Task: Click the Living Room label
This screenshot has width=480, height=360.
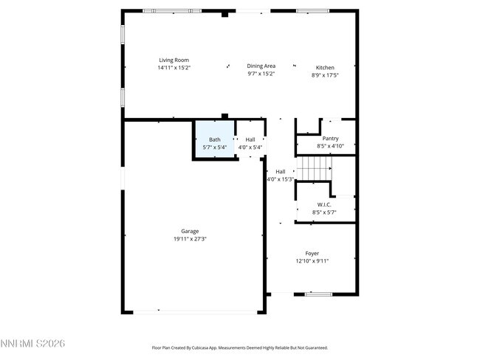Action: pyautogui.click(x=174, y=60)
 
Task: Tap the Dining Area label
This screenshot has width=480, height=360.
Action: pyautogui.click(x=261, y=66)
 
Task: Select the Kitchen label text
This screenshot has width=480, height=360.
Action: pyautogui.click(x=325, y=67)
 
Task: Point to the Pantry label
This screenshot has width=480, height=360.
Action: pyautogui.click(x=330, y=138)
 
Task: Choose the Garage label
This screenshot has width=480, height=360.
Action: pyautogui.click(x=190, y=231)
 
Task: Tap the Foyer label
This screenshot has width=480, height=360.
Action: pyautogui.click(x=312, y=253)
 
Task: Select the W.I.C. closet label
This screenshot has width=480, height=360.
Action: pyautogui.click(x=323, y=204)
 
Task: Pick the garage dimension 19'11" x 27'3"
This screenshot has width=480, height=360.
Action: pyautogui.click(x=190, y=238)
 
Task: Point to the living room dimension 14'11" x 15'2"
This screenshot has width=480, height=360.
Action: pyautogui.click(x=174, y=67)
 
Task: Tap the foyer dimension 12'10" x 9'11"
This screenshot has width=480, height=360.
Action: pyautogui.click(x=312, y=260)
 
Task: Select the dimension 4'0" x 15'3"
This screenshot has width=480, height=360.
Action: pyautogui.click(x=281, y=179)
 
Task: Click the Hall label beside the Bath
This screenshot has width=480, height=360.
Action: pyautogui.click(x=250, y=139)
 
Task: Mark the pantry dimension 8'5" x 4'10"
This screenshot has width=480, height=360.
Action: pyautogui.click(x=330, y=146)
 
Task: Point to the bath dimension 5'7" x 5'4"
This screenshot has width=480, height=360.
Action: pyautogui.click(x=214, y=147)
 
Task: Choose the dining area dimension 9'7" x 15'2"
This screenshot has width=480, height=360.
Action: pyautogui.click(x=261, y=74)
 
